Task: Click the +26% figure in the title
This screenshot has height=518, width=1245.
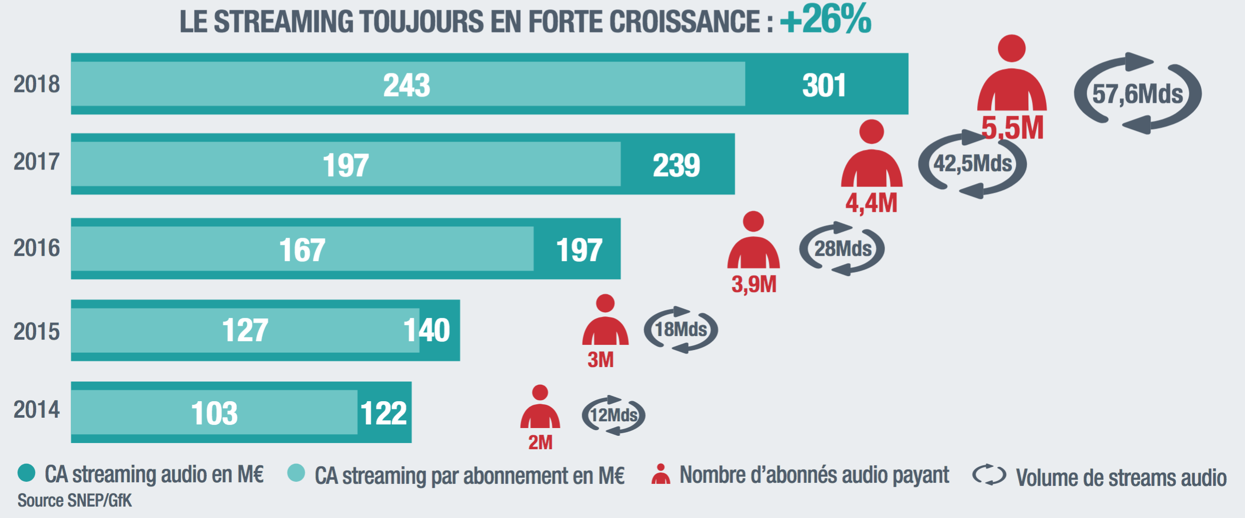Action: [x=825, y=20]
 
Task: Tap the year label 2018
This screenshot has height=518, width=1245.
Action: [x=37, y=84]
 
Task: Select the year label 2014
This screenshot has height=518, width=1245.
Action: [x=37, y=409]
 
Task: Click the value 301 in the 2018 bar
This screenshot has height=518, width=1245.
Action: [x=824, y=85]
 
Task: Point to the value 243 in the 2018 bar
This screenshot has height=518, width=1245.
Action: [x=406, y=85]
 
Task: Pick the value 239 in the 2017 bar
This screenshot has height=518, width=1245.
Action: [x=676, y=165]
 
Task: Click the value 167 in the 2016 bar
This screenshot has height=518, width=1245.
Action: [x=302, y=250]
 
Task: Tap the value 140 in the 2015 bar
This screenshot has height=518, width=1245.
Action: [x=427, y=330]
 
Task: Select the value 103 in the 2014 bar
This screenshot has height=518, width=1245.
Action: [x=214, y=413]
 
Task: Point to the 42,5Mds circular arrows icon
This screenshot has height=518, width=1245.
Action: [x=972, y=164]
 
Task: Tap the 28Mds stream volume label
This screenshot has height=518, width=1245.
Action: [x=843, y=249]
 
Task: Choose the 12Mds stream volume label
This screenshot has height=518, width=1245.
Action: [x=614, y=415]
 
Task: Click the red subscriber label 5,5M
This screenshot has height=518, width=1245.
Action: [x=1012, y=128]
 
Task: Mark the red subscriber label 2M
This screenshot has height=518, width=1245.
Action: [x=540, y=443]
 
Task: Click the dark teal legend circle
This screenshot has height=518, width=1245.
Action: [x=26, y=473]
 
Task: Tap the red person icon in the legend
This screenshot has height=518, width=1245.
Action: [x=660, y=474]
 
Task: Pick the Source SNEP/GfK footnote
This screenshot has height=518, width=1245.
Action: [x=74, y=500]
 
